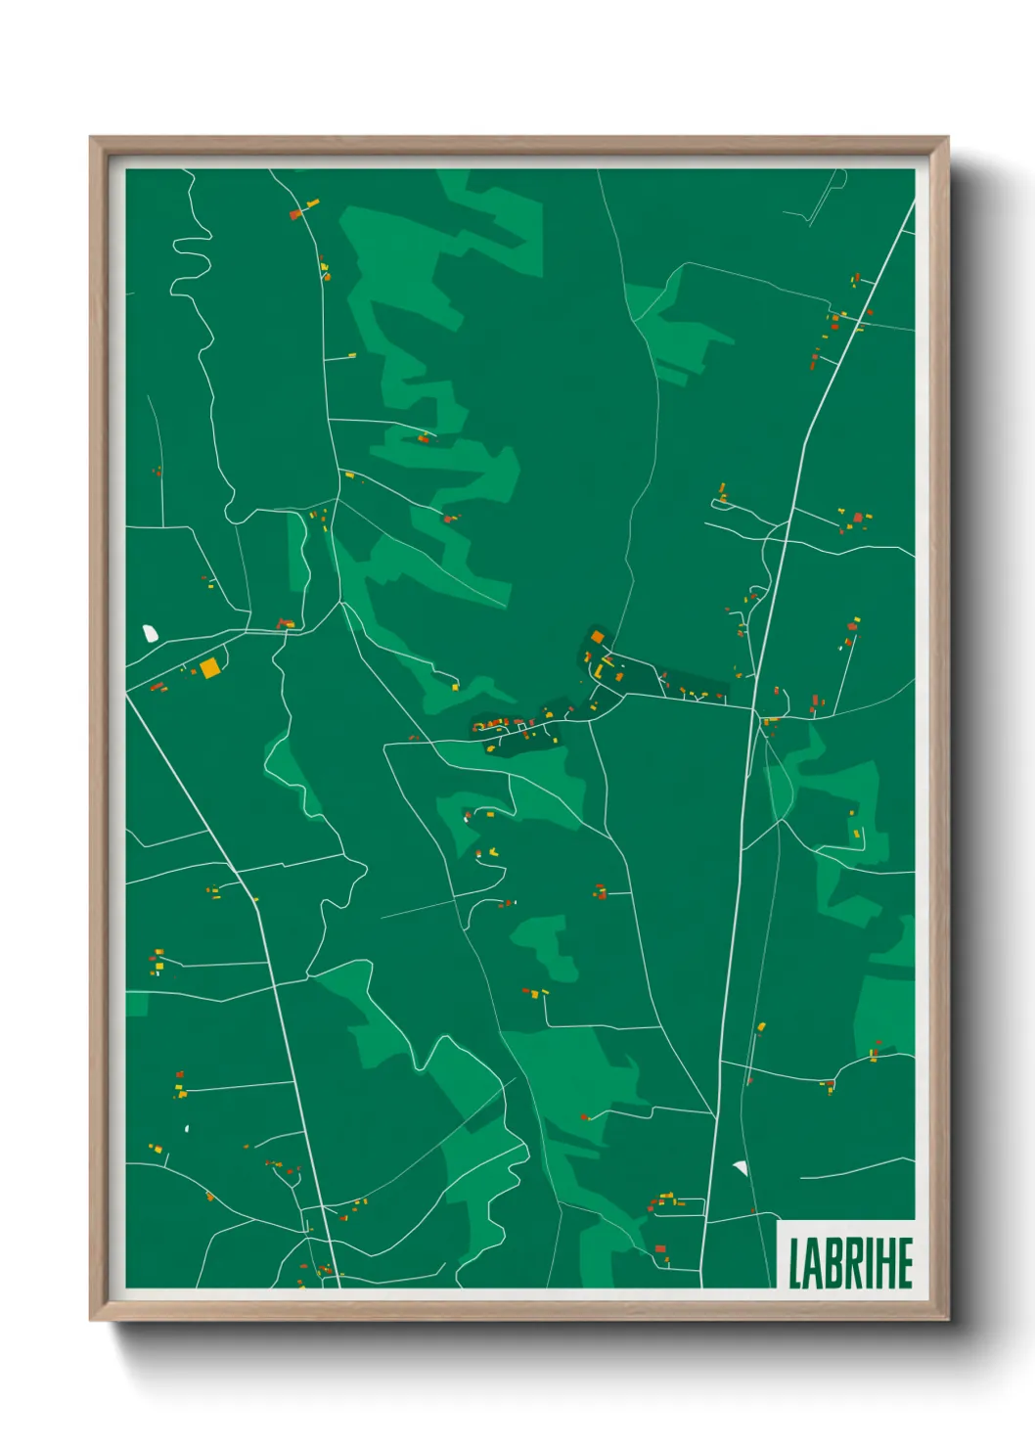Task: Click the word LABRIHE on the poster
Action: tap(850, 1263)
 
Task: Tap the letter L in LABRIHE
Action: tap(796, 1263)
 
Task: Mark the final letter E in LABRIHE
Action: tap(905, 1263)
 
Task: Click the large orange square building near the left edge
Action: tap(209, 667)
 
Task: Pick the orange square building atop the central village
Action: tap(598, 637)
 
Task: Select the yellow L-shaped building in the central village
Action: tap(598, 671)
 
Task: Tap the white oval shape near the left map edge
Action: tap(151, 634)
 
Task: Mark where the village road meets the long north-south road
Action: tap(753, 707)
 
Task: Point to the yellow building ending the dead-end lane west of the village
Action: tap(456, 687)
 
